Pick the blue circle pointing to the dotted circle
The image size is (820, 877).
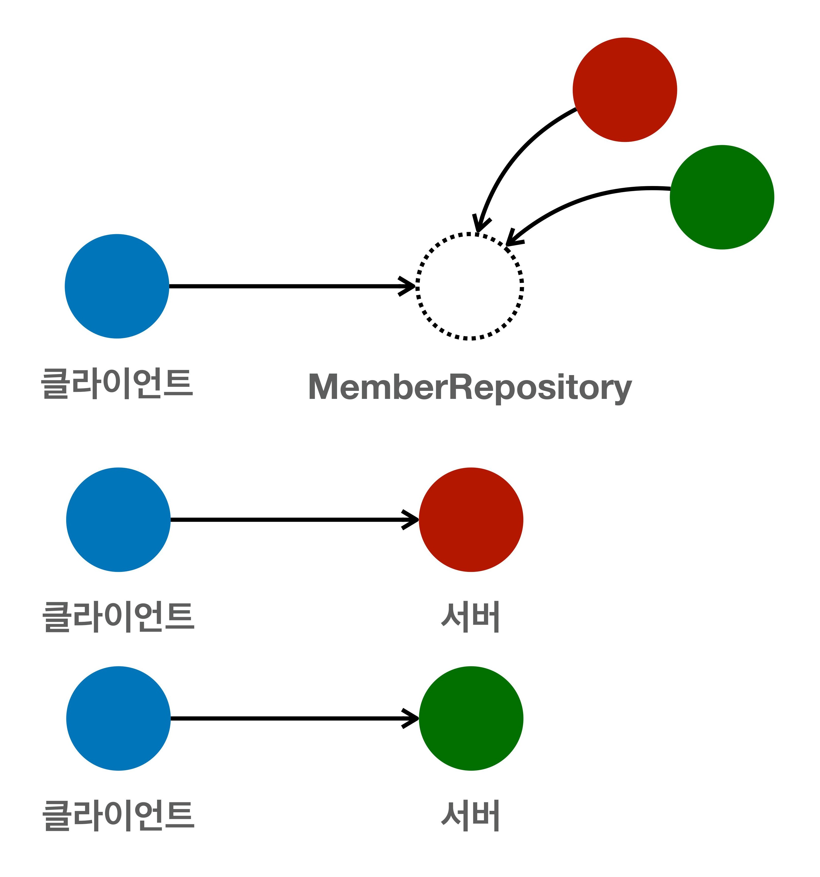[x=117, y=286]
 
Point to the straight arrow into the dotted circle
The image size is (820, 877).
[x=287, y=286]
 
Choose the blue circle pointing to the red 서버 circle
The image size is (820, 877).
[x=118, y=520]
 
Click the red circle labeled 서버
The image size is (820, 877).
[x=471, y=520]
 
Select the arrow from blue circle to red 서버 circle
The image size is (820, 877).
[x=291, y=520]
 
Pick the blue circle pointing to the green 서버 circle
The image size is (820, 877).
[x=118, y=718]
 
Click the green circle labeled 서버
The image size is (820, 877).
[x=471, y=718]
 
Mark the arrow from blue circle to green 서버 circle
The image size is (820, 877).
[x=291, y=718]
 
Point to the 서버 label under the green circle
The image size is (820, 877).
[x=470, y=816]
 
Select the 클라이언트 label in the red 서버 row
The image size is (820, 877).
[x=118, y=617]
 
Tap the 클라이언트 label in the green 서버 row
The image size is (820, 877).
[x=118, y=816]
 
